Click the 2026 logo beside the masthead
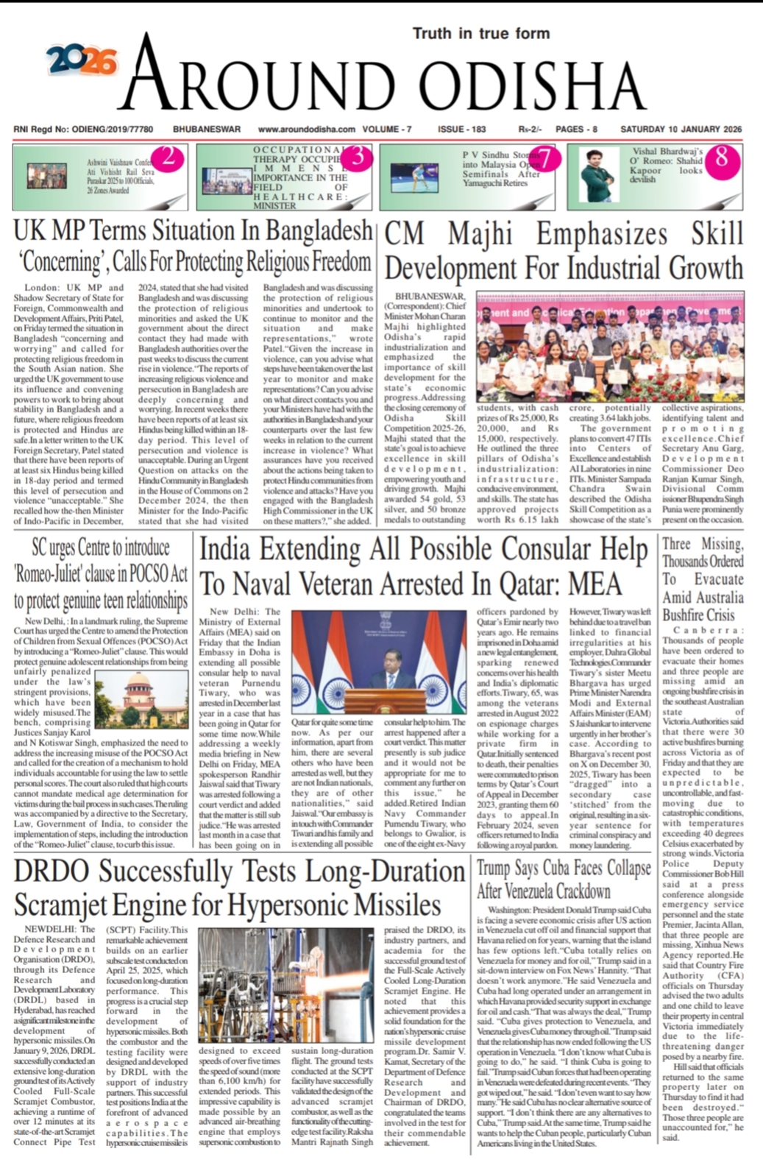82,61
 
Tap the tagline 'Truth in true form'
480,33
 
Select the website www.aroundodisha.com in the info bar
306,130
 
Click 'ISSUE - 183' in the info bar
461,130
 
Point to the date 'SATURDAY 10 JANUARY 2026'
681,130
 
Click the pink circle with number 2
168,157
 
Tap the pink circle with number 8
721,157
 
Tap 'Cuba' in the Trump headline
565,869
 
